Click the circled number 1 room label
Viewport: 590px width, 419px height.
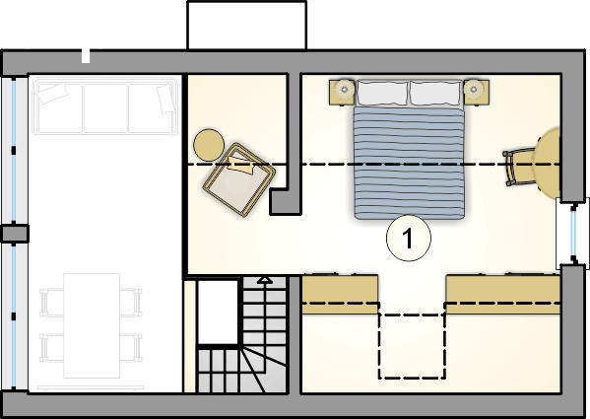click(x=409, y=238)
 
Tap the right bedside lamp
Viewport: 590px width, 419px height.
click(x=474, y=89)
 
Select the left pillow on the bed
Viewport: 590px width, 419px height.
click(x=382, y=93)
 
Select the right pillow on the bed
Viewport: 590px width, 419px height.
click(x=435, y=93)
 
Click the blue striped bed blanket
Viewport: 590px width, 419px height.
click(x=409, y=163)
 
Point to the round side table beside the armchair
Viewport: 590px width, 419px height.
click(x=209, y=145)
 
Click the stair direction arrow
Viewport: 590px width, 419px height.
click(x=265, y=280)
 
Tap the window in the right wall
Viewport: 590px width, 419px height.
click(x=572, y=233)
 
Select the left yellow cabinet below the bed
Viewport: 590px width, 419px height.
click(x=340, y=295)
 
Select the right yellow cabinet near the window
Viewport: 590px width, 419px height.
click(x=503, y=295)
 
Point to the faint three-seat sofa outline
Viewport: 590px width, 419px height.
click(x=105, y=105)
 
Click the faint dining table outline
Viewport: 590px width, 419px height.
click(x=92, y=325)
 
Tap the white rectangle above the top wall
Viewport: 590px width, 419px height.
click(x=247, y=26)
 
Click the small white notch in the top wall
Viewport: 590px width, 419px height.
click(x=86, y=56)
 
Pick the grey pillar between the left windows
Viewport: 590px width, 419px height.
click(x=15, y=234)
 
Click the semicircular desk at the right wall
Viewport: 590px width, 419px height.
click(x=548, y=163)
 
